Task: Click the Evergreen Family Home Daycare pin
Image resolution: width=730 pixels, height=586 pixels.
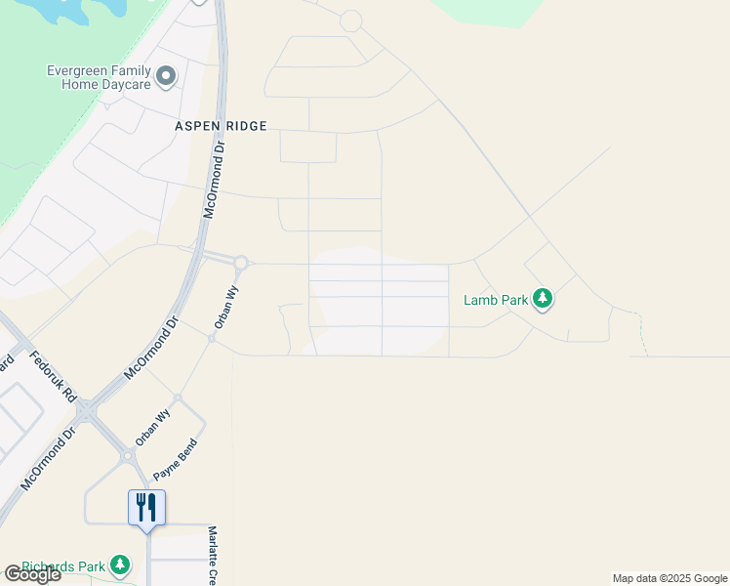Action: (167, 75)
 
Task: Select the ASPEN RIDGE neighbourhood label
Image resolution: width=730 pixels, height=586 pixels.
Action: (221, 126)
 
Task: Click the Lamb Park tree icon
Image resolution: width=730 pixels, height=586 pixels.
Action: (545, 299)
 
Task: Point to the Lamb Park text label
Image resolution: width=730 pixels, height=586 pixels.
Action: (495, 300)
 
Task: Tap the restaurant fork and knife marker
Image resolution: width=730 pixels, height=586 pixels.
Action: (146, 507)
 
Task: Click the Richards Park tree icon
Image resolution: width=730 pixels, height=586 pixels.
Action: (120, 565)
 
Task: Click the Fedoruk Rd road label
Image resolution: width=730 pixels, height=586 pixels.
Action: (53, 378)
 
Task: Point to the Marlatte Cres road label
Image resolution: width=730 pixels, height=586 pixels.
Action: (212, 557)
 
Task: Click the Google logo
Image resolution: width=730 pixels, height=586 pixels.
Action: (32, 574)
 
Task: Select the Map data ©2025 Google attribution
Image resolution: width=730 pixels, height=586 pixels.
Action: (669, 579)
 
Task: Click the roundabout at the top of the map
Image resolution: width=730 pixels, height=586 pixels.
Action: (350, 21)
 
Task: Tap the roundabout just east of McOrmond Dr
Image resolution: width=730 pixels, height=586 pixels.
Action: (240, 263)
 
